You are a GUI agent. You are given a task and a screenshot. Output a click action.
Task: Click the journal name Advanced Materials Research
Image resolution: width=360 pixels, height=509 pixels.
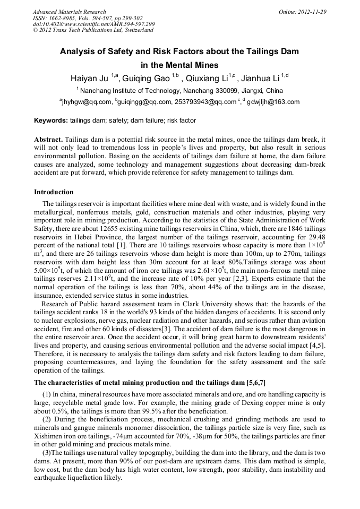[x=69, y=12]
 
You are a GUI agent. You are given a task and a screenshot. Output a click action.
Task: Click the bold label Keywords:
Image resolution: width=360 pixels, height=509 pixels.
[x=51, y=120]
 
